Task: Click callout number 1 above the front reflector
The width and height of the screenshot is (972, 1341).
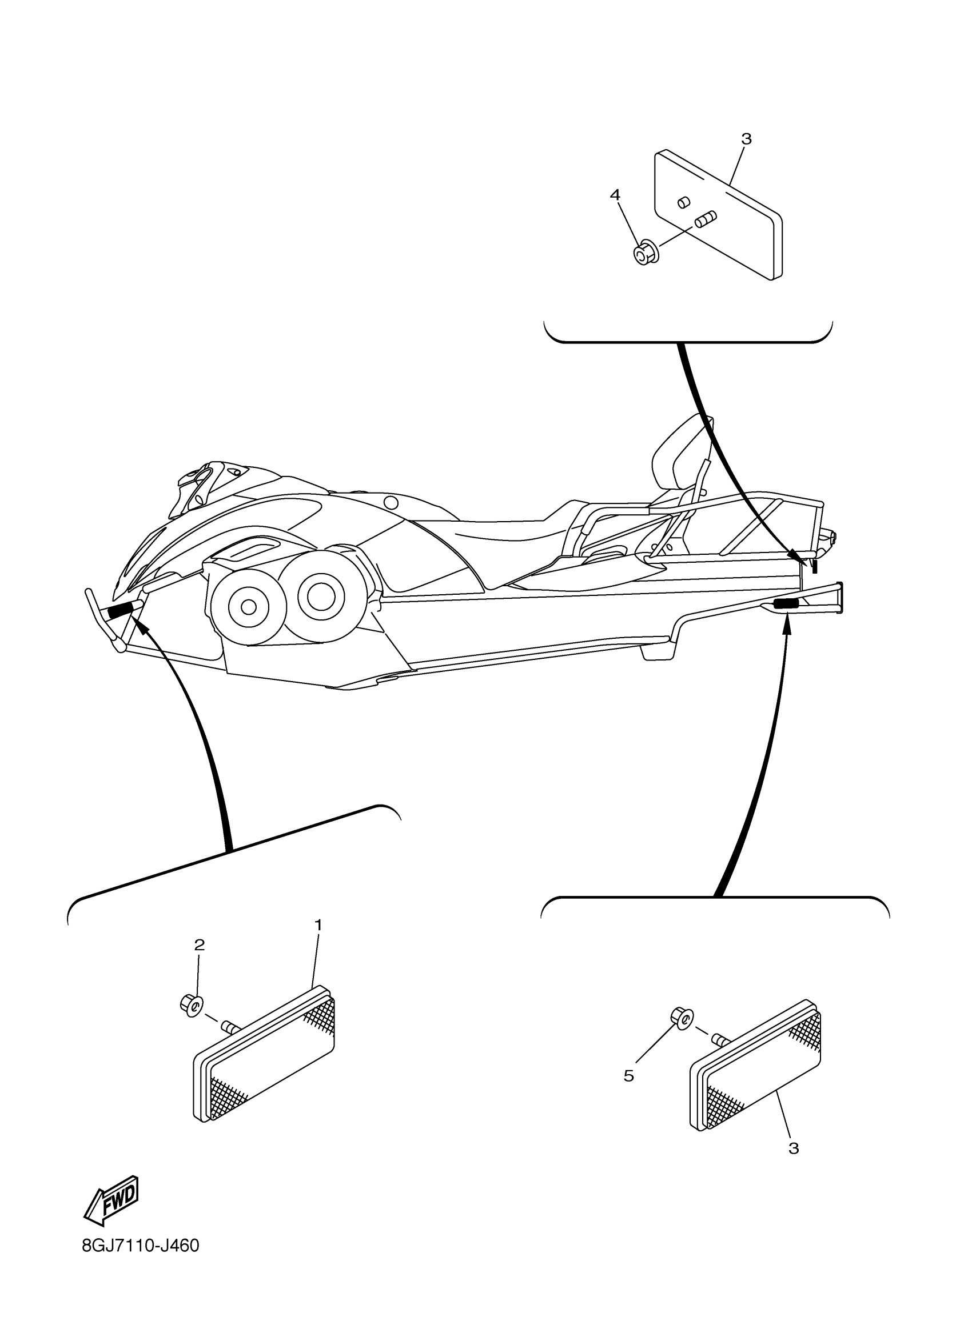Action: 318,924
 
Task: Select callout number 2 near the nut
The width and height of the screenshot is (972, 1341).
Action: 200,945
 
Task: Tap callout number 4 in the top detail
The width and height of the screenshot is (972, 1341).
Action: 615,194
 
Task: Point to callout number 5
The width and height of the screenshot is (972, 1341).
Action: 628,1076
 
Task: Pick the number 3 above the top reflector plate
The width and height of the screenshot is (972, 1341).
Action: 747,139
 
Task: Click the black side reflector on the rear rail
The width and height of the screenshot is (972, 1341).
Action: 786,604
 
